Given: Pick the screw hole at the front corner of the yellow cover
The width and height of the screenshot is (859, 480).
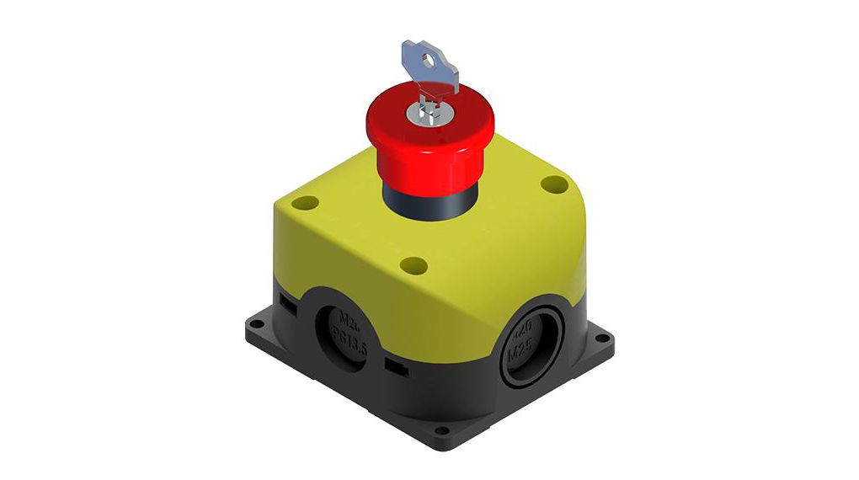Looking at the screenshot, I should coord(413,266).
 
